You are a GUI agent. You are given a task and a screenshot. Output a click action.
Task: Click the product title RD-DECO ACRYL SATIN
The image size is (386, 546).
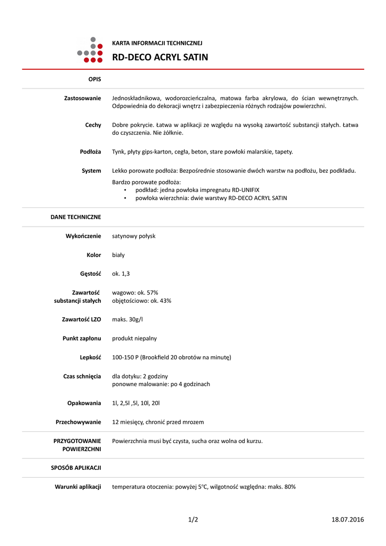click(x=160, y=57)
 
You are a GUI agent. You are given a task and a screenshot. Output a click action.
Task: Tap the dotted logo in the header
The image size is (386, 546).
click(x=90, y=51)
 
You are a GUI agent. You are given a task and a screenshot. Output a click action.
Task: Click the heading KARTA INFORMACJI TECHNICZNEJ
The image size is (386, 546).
click(x=157, y=43)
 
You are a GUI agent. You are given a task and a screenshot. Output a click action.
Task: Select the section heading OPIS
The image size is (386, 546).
click(x=94, y=79)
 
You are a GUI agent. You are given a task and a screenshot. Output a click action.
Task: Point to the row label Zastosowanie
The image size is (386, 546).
click(x=83, y=98)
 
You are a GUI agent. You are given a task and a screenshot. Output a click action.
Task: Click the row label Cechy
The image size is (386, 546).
click(x=93, y=125)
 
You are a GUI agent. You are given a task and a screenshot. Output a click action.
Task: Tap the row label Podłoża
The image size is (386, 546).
click(x=90, y=151)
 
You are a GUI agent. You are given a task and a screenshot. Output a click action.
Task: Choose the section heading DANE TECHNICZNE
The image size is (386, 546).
click(x=76, y=217)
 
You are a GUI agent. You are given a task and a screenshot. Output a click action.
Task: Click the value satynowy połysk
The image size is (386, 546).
click(x=133, y=236)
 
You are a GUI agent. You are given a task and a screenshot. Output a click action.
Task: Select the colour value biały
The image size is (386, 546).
click(x=118, y=255)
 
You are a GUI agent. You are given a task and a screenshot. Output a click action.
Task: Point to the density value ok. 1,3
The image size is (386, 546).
click(x=120, y=274)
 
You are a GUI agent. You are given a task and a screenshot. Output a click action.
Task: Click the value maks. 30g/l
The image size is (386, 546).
click(x=127, y=319)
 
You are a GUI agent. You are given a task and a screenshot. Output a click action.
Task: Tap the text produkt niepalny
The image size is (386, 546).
click(x=134, y=338)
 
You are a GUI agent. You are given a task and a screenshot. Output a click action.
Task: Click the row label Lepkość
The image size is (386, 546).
click(x=90, y=357)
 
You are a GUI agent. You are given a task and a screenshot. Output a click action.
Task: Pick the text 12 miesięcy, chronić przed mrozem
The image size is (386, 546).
click(x=158, y=422)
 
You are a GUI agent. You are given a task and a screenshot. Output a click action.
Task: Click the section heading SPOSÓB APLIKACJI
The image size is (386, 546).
click(x=76, y=468)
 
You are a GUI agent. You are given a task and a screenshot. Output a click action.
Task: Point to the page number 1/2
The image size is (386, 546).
click(x=193, y=519)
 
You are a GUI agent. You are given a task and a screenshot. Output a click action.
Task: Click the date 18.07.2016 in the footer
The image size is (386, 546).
click(x=348, y=519)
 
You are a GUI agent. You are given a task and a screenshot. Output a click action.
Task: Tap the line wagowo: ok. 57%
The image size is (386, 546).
click(x=135, y=292)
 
